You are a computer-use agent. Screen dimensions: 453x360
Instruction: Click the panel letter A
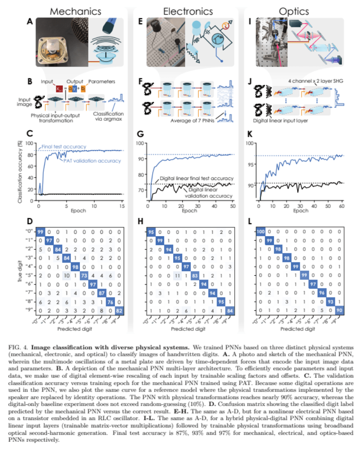coord(30,21)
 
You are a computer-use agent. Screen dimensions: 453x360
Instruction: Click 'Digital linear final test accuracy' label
coord(197,178)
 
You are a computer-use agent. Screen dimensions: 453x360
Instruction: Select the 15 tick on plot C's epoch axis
coord(122,206)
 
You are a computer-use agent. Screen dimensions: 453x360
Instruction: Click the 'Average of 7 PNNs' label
coord(193,121)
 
